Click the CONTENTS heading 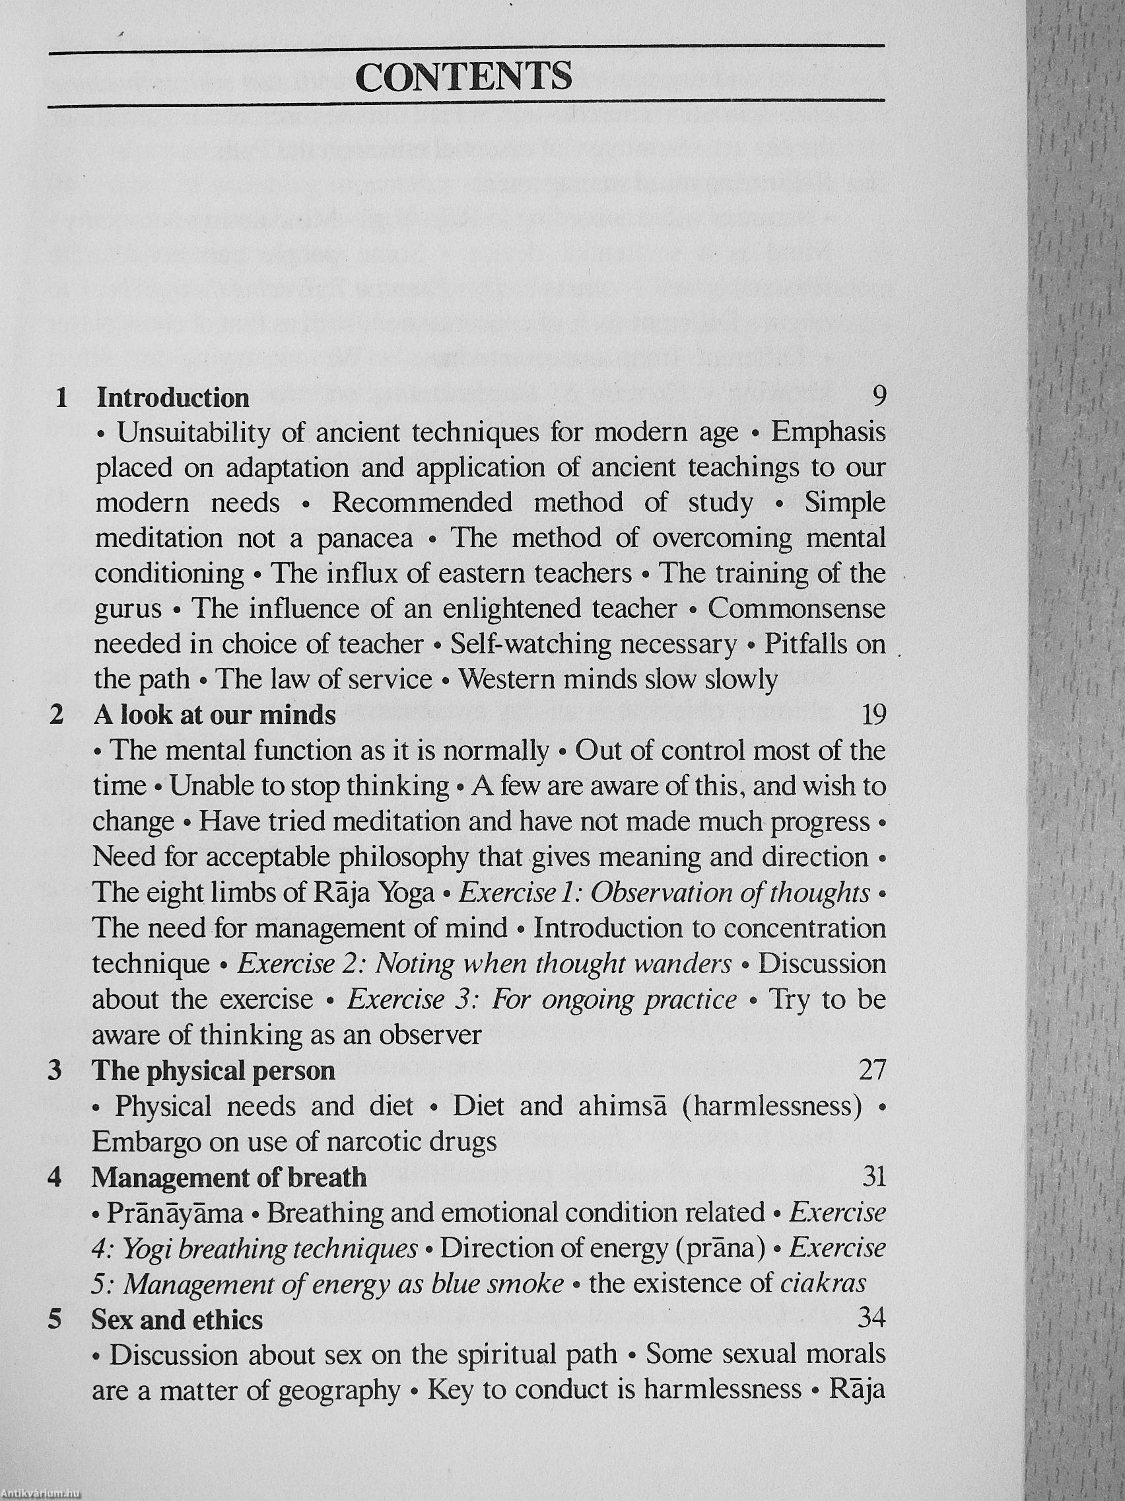(464, 76)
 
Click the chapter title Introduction (173, 398)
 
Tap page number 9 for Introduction (878, 396)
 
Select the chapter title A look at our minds (215, 715)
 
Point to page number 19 (873, 715)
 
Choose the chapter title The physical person (214, 1071)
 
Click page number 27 (872, 1070)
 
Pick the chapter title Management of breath (229, 1177)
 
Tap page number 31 (873, 1176)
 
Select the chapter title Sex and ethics (177, 1320)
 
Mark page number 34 (872, 1319)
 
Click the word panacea (365, 539)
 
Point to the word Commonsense (797, 608)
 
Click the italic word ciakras (823, 1284)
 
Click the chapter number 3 (55, 1072)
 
